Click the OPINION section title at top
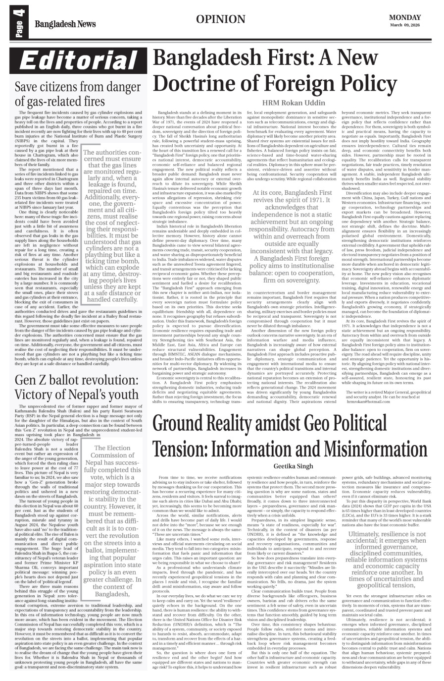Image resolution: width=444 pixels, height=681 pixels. tap(220, 19)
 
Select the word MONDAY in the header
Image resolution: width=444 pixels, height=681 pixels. tap(405, 17)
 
